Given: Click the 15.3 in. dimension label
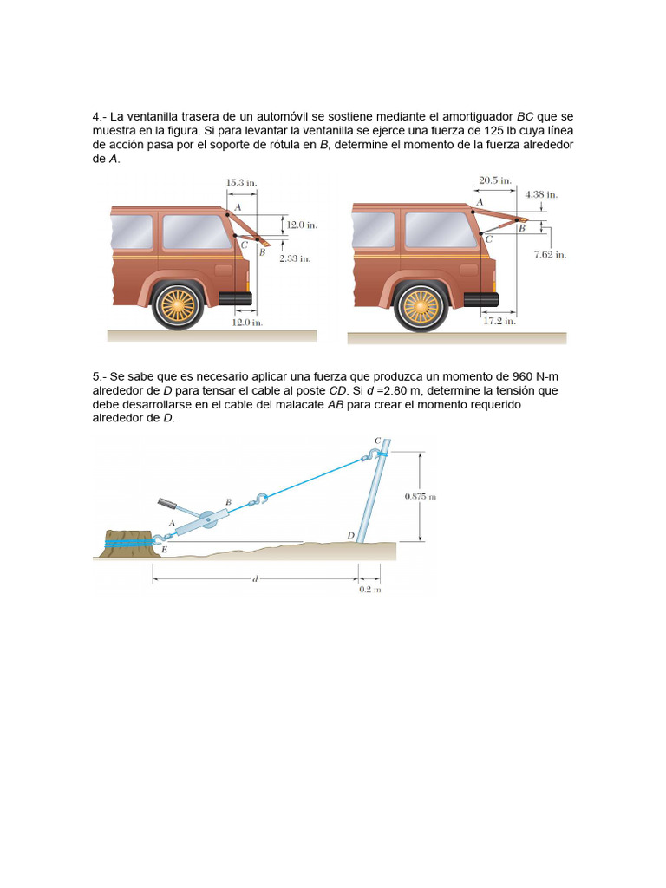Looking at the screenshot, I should pos(241,183).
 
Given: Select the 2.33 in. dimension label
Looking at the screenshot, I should pos(294,258).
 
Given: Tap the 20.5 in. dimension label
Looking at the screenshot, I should pos(494,181).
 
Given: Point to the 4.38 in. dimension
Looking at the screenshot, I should pos(541,195).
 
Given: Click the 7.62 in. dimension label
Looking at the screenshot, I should pos(549,254).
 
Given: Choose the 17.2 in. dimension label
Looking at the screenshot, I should pos(499,321).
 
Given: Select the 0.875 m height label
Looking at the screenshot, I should pos(420,496).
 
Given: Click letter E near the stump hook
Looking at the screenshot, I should pos(166,550).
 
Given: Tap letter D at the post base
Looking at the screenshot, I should pos(350,536).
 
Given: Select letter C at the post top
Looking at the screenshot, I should pos(377,441).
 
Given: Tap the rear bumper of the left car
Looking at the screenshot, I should pos(235,299).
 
